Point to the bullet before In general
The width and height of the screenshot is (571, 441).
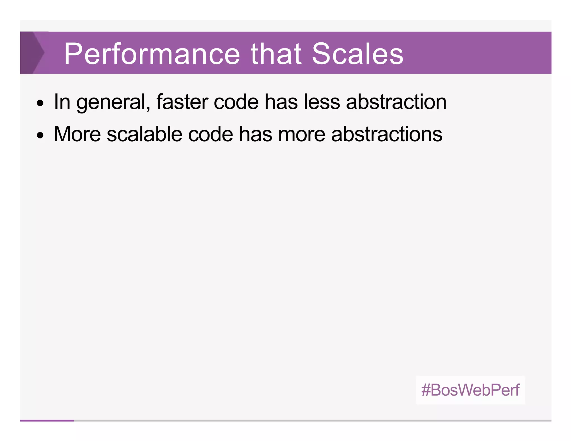click(x=40, y=103)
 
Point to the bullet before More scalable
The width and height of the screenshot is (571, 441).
click(x=40, y=136)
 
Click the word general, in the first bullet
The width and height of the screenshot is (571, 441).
click(x=113, y=103)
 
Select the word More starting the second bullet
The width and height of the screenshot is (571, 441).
click(x=77, y=134)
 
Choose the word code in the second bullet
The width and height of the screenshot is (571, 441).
click(x=211, y=134)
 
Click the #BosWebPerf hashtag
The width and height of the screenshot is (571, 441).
click(x=470, y=390)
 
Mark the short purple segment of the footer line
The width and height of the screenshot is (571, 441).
click(x=47, y=420)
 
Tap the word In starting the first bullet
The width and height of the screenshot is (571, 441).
click(x=62, y=102)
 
